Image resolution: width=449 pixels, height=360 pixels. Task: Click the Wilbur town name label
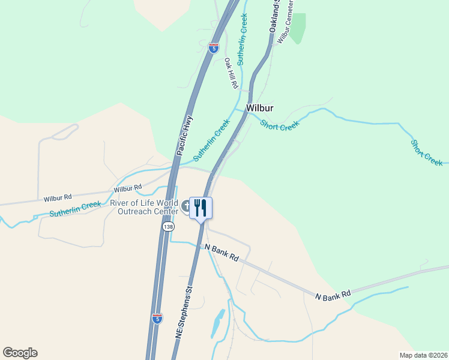260,108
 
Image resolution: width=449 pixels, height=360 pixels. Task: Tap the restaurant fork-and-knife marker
200,208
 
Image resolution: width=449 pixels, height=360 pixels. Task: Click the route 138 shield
168,227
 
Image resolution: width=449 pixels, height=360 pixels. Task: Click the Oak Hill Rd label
231,74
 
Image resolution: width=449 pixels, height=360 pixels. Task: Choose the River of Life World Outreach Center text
144,207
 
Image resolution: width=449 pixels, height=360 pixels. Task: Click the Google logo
20,353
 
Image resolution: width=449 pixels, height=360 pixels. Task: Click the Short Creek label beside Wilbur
279,125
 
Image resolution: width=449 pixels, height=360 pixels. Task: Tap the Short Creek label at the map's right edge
426,152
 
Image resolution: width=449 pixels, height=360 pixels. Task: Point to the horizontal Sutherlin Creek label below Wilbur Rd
75,209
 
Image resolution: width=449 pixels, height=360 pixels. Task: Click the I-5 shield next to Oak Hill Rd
214,47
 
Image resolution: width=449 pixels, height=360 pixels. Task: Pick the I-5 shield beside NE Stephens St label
157,318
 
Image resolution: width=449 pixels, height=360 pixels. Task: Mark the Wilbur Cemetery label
285,21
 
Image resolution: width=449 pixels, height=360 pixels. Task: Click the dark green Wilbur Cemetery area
298,29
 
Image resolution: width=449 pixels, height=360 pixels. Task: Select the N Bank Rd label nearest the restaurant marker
221,252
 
